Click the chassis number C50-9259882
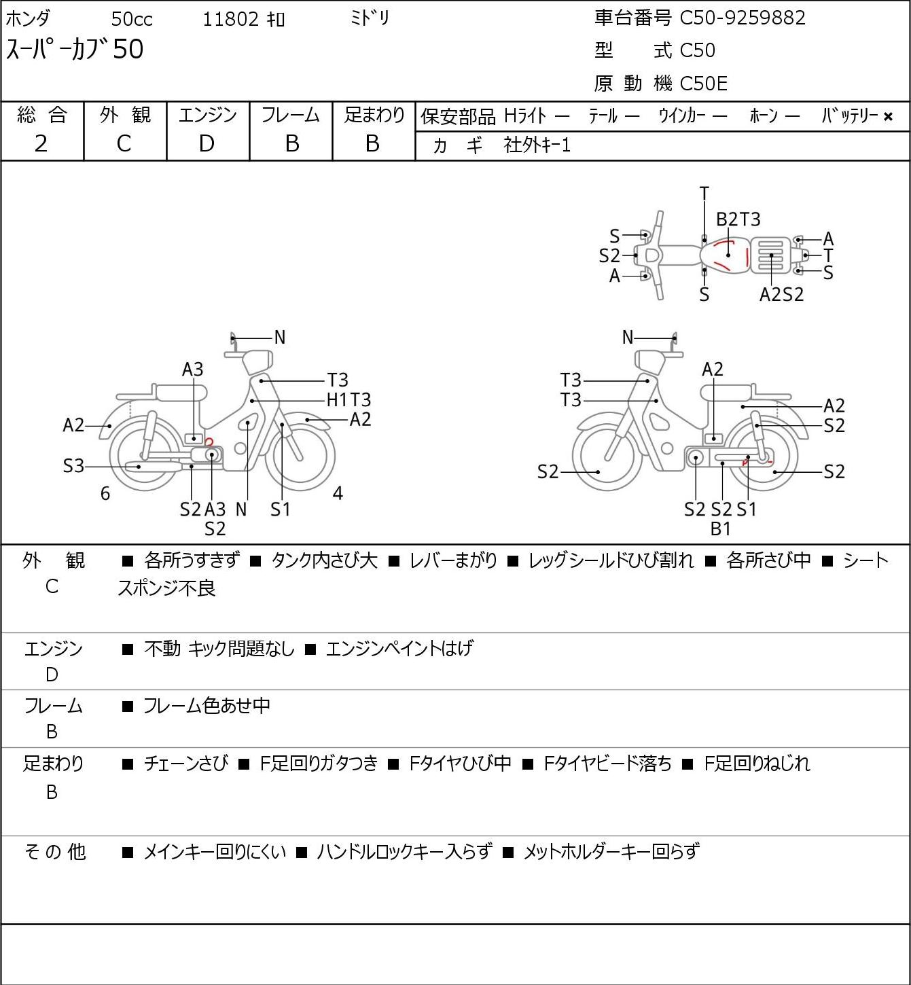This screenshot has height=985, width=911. [x=743, y=18]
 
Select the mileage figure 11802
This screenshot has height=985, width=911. [x=231, y=19]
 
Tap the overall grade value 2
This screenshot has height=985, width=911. [x=41, y=143]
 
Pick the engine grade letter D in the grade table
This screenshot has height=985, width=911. [x=207, y=143]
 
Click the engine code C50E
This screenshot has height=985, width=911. [x=703, y=84]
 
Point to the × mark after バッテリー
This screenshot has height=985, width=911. [x=888, y=117]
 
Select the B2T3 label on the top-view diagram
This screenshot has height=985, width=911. [x=738, y=219]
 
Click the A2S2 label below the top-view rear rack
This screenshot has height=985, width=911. [x=781, y=294]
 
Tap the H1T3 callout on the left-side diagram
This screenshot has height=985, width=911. [x=349, y=399]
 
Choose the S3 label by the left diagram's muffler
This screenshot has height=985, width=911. [x=73, y=466]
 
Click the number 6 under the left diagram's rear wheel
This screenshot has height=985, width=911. [x=105, y=493]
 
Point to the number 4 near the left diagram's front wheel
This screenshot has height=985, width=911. [x=338, y=493]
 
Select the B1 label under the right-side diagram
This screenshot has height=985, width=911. [x=721, y=529]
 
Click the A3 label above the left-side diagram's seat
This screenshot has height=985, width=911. [x=192, y=369]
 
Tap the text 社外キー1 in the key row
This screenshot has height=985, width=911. [x=537, y=145]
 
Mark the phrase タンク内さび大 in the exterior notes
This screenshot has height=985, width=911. [x=324, y=560]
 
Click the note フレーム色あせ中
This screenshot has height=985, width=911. [x=207, y=705]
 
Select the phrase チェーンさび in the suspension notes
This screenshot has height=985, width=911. [x=185, y=763]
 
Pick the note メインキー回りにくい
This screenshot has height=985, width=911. [x=215, y=852]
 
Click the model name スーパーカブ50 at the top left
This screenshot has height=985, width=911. [x=75, y=49]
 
